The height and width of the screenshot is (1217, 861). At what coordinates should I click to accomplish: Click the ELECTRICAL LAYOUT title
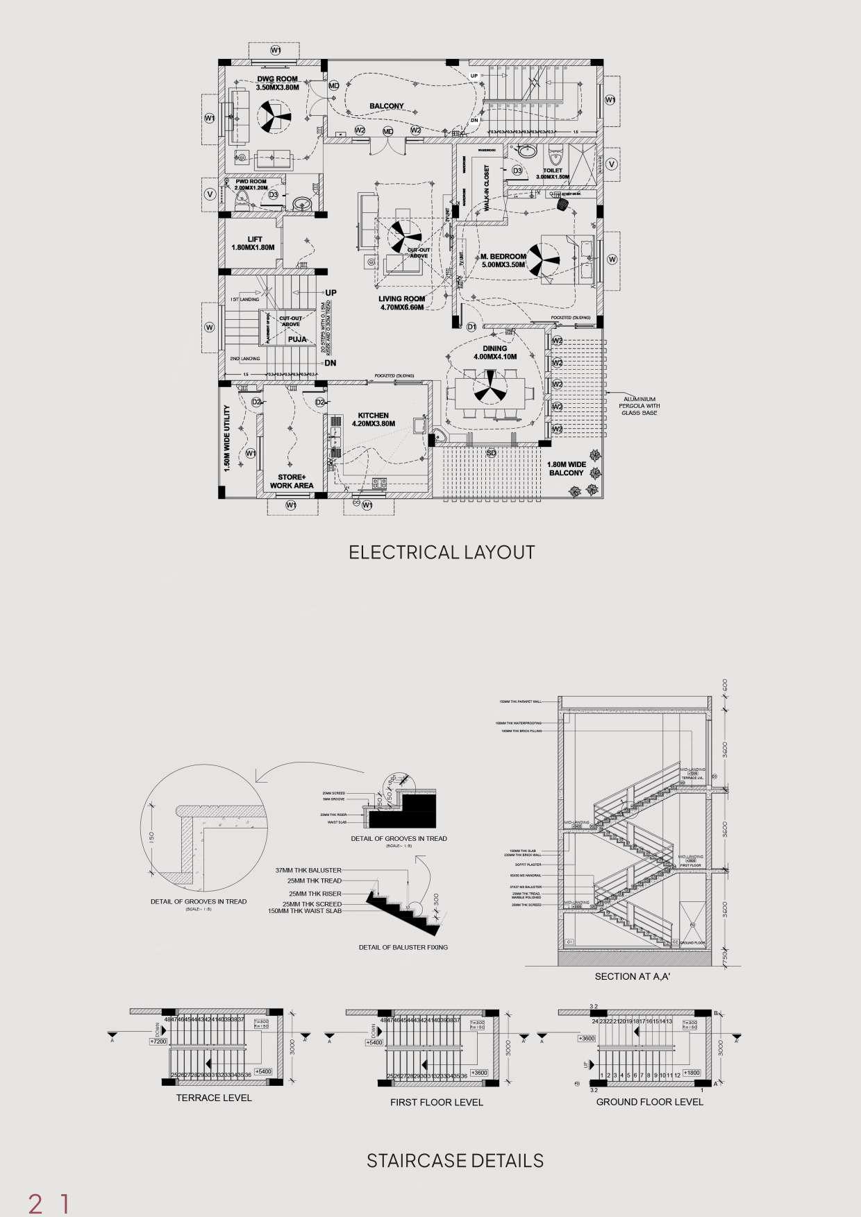pyautogui.click(x=442, y=552)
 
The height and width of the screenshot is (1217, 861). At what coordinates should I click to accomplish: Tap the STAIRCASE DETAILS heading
pyautogui.click(x=455, y=1160)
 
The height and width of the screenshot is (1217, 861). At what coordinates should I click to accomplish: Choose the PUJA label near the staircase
pyautogui.click(x=297, y=339)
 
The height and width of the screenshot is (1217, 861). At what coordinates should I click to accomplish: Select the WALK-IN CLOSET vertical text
pyautogui.click(x=487, y=188)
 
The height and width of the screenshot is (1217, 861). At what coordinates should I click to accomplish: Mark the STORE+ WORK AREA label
pyautogui.click(x=292, y=481)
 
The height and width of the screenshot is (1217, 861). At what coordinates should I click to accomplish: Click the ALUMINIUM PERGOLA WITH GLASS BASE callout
pyautogui.click(x=640, y=406)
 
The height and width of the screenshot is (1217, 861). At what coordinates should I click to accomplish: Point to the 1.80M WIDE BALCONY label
pyautogui.click(x=567, y=468)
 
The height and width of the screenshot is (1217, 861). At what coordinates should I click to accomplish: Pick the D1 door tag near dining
pyautogui.click(x=471, y=326)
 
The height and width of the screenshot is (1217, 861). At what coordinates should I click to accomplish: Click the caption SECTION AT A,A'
pyautogui.click(x=632, y=976)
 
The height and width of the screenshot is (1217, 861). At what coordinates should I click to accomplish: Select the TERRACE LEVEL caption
pyautogui.click(x=214, y=1098)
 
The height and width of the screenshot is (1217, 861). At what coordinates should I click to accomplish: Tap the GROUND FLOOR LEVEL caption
pyautogui.click(x=649, y=1101)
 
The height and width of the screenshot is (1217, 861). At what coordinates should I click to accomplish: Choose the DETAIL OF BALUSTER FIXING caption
pyautogui.click(x=403, y=947)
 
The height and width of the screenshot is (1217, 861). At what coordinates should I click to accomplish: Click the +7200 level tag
pyautogui.click(x=159, y=1042)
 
